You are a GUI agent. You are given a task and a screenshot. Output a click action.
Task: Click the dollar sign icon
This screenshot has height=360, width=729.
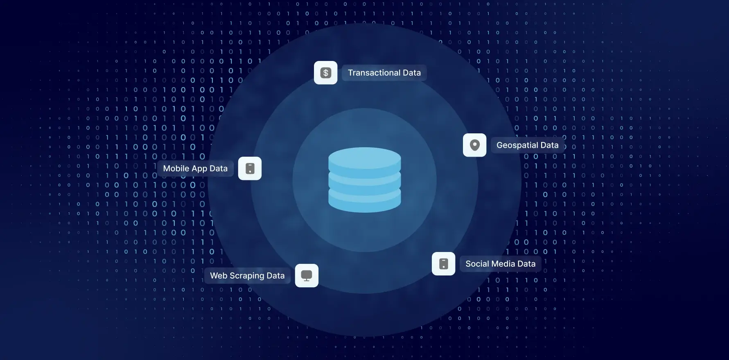pos(325,73)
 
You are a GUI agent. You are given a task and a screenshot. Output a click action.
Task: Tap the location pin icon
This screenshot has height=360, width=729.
pos(474,145)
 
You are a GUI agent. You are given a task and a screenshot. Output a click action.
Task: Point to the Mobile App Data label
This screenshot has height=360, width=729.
pos(195,169)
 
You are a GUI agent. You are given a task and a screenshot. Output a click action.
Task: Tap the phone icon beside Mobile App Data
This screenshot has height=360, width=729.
pos(250,169)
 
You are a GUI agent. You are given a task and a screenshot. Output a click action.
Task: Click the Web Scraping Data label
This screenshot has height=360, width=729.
pos(247,276)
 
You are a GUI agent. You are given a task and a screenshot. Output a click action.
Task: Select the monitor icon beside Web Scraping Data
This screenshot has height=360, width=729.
pos(307,276)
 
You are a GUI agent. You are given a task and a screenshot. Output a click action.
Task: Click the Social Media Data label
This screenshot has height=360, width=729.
pos(500,264)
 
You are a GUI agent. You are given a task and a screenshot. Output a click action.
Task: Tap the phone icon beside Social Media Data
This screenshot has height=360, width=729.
pos(443,264)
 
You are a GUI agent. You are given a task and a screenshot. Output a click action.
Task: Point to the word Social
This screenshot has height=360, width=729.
pos(477,264)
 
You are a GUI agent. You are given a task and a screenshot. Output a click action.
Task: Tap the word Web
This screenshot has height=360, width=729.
pos(219,276)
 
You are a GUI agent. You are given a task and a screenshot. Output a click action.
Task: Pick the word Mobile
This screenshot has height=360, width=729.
pos(176,169)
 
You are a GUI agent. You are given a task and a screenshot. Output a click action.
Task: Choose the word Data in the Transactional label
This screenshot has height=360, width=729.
pos(411,73)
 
